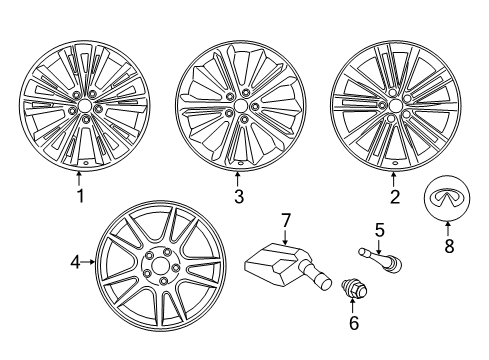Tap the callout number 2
coord(395,196)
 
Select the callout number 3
coord(239,197)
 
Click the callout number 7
coord(284,247)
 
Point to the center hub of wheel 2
coord(394,104)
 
